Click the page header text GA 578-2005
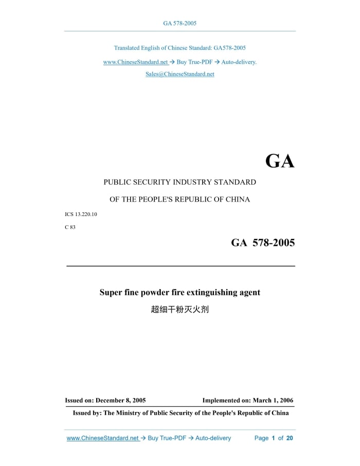tap(179, 23)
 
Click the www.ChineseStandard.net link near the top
tap(135, 62)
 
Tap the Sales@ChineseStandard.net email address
tap(179, 74)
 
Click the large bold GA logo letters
tap(280, 162)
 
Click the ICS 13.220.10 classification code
tap(81, 214)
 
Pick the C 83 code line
tap(70, 227)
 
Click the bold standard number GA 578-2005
tap(263, 243)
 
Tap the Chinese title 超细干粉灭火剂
tap(179, 310)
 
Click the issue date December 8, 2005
tap(120, 400)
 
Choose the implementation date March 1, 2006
tap(273, 400)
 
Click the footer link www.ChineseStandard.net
tap(103, 438)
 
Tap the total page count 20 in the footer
tap(290, 438)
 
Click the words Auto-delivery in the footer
tap(213, 438)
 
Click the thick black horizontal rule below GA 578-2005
tap(181, 266)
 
